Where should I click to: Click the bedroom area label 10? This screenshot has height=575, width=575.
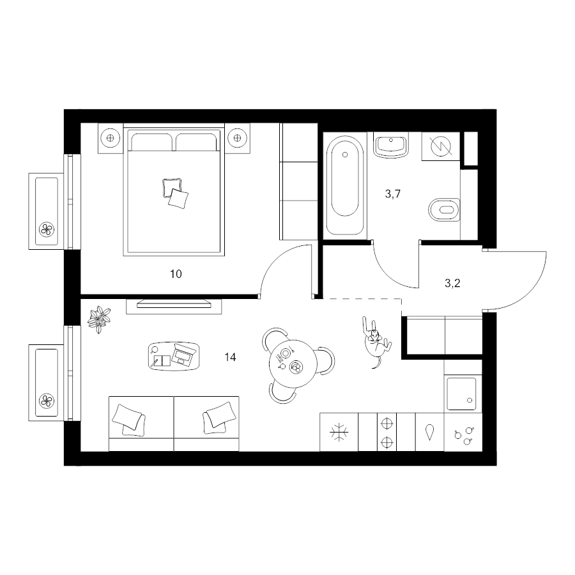point(176,274)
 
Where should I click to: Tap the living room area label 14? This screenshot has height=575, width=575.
point(230,356)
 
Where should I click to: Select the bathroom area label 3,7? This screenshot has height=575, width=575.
point(393,194)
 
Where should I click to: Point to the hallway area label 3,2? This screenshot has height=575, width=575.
point(452,283)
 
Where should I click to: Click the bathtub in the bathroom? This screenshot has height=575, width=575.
point(345,185)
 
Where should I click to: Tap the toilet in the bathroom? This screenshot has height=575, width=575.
point(444,210)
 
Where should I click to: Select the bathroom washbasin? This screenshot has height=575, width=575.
point(391,145)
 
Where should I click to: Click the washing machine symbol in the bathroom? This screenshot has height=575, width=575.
point(441,146)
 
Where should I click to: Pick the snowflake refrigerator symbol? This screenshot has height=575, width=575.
point(339,432)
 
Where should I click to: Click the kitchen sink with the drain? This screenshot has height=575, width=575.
point(462,394)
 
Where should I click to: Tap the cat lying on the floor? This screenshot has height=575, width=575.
point(376,341)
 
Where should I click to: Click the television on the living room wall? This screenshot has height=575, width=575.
point(174,303)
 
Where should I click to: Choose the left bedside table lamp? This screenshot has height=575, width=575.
point(110,138)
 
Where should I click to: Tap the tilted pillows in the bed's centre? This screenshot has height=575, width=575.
point(175,193)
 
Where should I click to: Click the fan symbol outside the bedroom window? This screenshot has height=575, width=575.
point(47,230)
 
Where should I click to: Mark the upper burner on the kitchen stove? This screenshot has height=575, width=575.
point(387,424)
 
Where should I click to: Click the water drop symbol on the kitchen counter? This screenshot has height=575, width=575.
point(429,432)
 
